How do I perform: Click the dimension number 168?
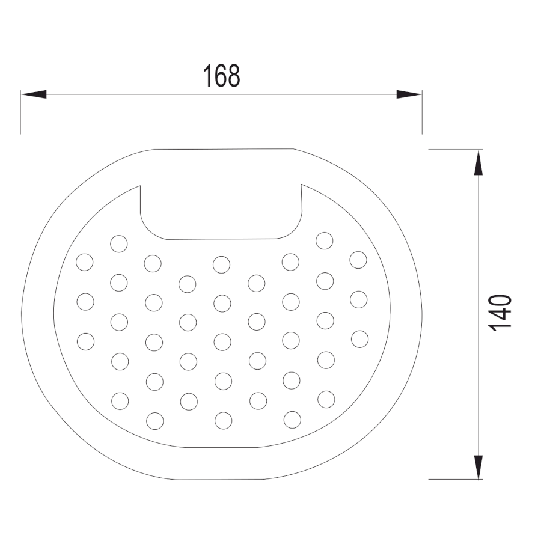pos(221,76)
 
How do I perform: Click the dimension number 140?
pos(500,313)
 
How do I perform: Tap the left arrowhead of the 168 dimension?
pos(34,94)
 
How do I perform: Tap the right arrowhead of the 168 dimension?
pos(409,94)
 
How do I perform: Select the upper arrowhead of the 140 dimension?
pos(478,162)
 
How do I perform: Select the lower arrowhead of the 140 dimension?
pos(478,467)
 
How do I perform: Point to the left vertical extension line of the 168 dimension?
pos(20,112)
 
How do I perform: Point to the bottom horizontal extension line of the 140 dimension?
pos(456,479)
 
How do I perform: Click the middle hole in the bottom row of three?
pos(223,421)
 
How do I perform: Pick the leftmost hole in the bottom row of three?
pos(155,421)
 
